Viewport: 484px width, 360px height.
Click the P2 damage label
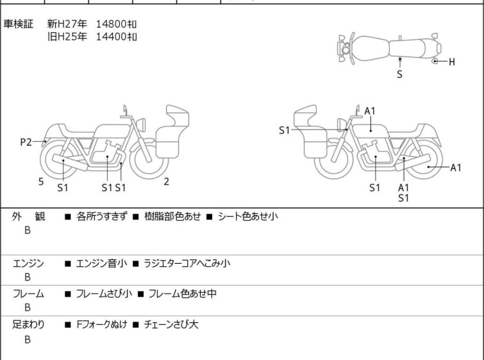click(x=26, y=142)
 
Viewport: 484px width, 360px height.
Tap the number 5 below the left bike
click(x=41, y=182)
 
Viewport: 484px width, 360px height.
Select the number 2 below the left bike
click(x=167, y=182)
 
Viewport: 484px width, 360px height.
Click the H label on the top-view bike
click(x=452, y=62)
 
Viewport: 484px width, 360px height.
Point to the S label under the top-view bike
click(x=400, y=74)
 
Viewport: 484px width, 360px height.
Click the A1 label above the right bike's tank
click(x=370, y=111)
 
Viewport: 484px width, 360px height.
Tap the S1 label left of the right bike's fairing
click(x=284, y=130)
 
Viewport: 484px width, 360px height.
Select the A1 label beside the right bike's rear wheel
click(x=456, y=167)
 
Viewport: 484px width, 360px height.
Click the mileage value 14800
click(x=111, y=24)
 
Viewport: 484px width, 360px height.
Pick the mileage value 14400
click(x=111, y=37)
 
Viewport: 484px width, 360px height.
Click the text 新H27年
click(x=67, y=24)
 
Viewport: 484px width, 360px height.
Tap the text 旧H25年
click(x=67, y=37)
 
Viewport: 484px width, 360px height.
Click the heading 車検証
click(x=18, y=24)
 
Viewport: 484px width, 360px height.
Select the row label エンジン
click(x=28, y=264)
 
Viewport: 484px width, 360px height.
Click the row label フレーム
click(x=28, y=294)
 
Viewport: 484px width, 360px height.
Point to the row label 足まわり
click(x=28, y=325)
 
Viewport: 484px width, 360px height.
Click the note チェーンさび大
click(x=171, y=325)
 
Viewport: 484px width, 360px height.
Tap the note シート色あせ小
click(x=248, y=216)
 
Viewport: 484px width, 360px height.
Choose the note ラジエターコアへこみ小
click(x=187, y=264)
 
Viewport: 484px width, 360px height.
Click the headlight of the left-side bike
click(x=141, y=125)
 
